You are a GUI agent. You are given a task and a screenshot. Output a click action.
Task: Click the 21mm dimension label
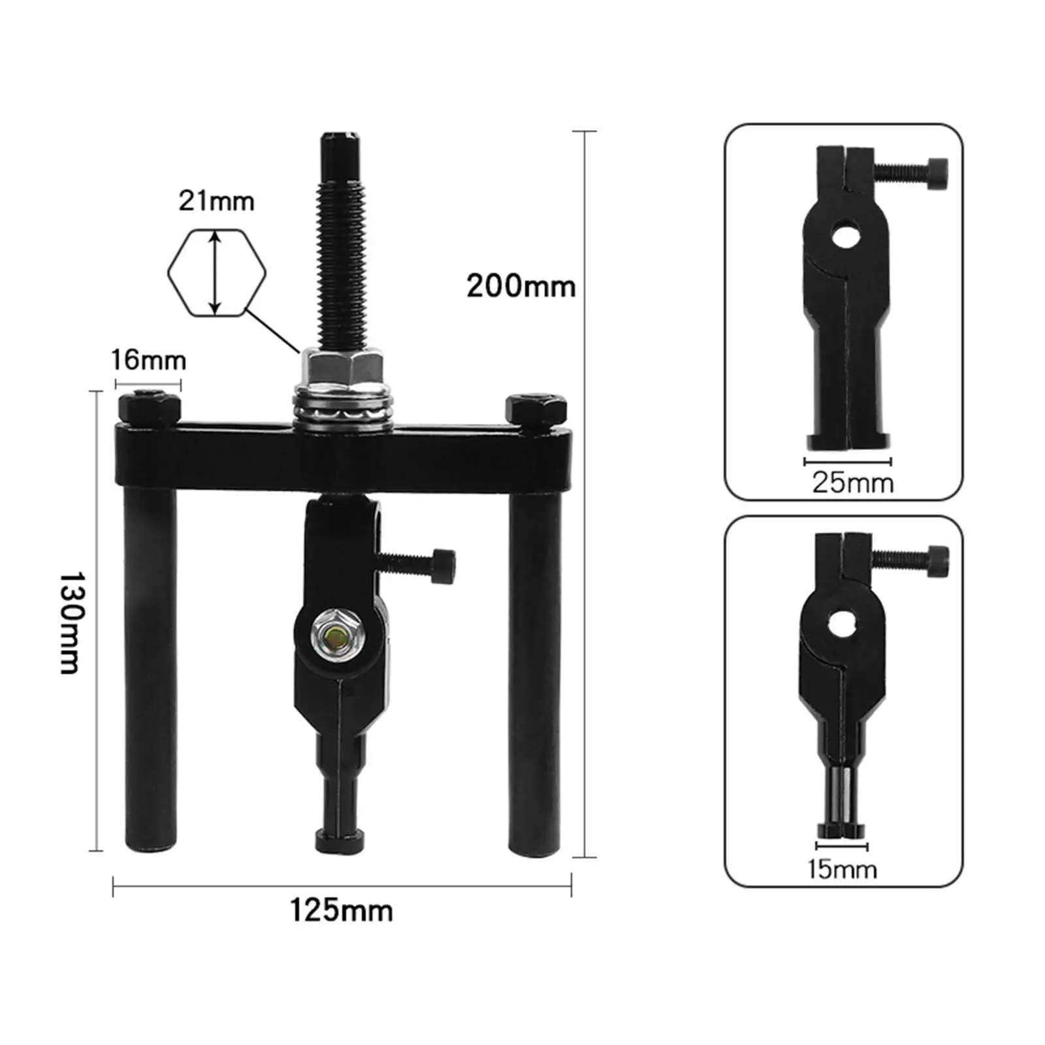click(x=216, y=201)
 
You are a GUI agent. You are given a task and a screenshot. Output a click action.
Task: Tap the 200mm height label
click(x=521, y=286)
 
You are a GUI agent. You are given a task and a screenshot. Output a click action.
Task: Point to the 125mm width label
click(x=341, y=910)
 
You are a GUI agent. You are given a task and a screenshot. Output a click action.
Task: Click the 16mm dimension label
click(x=148, y=360)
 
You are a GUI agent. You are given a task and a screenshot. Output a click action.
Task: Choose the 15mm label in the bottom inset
click(x=842, y=869)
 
